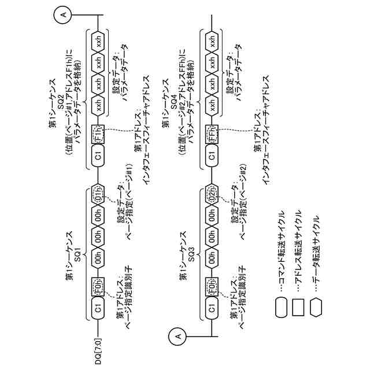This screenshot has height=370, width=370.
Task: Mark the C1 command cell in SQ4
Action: [x=213, y=156]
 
